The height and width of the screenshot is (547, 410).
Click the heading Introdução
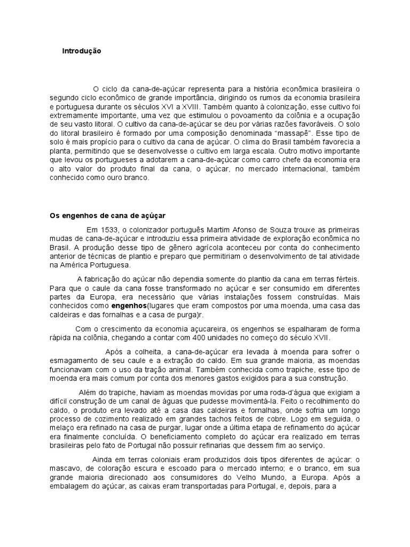[81, 51]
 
